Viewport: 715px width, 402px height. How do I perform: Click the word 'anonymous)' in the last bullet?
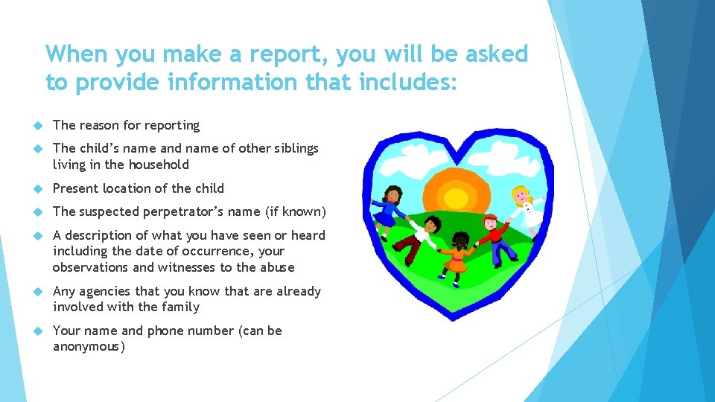coord(89,346)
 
